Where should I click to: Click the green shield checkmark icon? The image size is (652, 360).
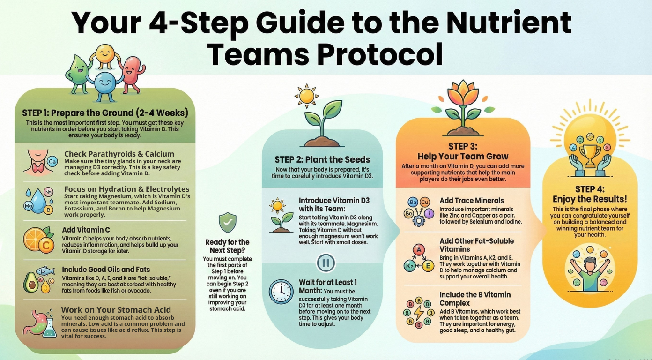click(x=228, y=223)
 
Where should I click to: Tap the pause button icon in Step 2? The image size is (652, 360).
click(x=326, y=262)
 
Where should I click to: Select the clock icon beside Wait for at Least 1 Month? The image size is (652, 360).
click(x=281, y=292)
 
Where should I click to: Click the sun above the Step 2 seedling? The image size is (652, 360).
click(x=307, y=96)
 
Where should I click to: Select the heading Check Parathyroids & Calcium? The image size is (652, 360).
click(x=119, y=154)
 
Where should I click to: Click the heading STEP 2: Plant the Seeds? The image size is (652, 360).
click(x=322, y=159)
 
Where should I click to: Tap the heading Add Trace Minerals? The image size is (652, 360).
click(x=472, y=201)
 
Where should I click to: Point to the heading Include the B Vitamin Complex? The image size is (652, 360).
click(x=475, y=299)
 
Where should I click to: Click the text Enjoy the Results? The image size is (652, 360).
click(x=590, y=199)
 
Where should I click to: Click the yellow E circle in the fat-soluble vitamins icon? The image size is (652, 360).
click(x=428, y=266)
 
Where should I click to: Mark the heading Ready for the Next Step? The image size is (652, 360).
click(x=228, y=247)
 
